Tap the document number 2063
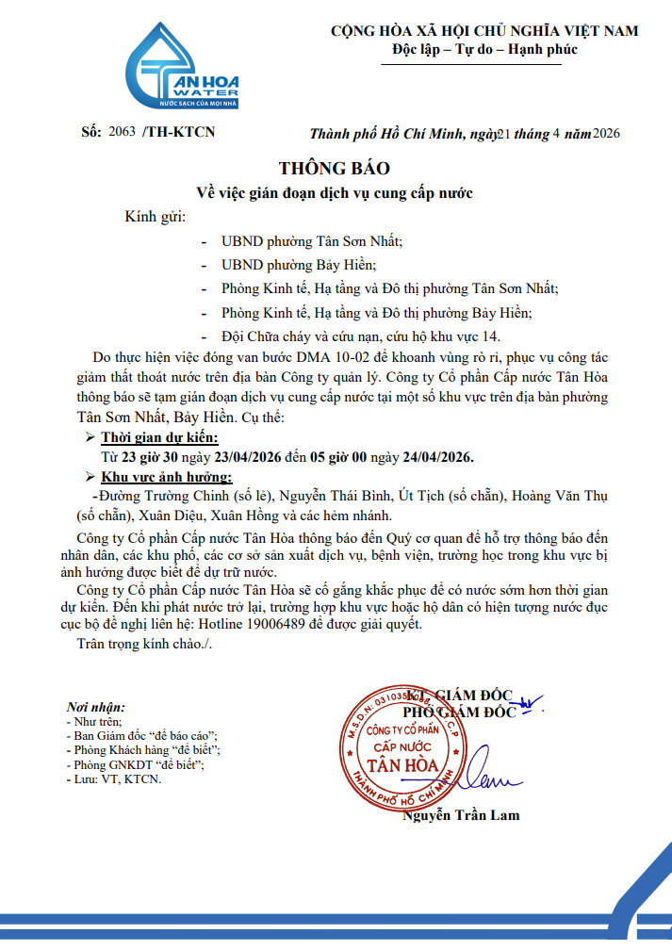123,132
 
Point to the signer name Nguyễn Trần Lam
461,814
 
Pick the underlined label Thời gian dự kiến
159,437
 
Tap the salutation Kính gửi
156,218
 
